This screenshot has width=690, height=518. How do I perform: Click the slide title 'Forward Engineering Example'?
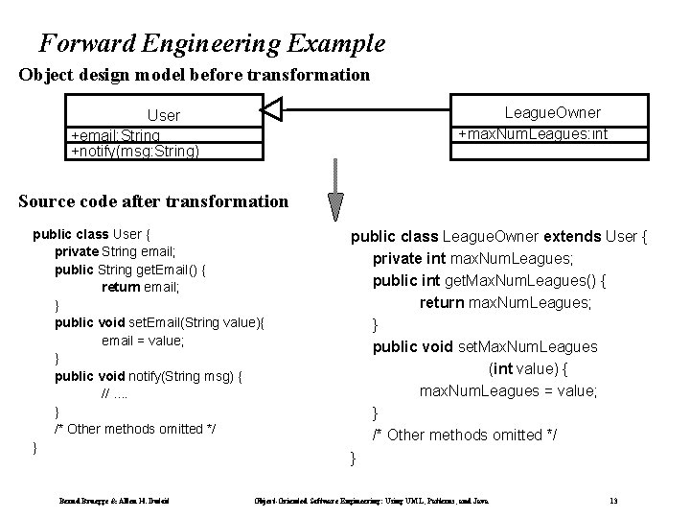point(212,43)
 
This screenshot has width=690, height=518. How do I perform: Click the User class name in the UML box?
point(163,115)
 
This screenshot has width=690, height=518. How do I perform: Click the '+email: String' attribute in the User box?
point(116,136)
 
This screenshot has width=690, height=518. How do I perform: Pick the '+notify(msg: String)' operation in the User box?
point(135,151)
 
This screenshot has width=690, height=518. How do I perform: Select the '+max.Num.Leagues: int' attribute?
point(531,133)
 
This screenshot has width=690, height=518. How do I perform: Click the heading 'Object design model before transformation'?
point(194,75)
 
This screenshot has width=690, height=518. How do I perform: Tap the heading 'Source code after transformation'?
point(153,201)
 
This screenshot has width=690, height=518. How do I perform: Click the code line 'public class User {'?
point(92,233)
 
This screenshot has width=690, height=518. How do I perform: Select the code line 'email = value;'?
point(143,341)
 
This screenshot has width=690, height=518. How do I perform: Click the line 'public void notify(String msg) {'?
point(148,376)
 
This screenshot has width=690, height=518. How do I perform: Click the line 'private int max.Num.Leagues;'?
point(472,259)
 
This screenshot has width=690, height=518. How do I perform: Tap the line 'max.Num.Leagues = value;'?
point(508,390)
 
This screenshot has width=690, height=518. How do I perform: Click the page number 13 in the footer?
point(612,501)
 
